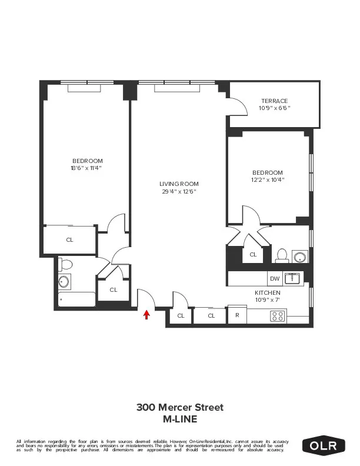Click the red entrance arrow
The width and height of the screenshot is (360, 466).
point(146,315)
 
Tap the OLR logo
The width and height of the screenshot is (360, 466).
point(324,446)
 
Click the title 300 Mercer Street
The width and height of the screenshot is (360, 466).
point(180,407)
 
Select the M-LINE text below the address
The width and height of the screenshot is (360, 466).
point(180,419)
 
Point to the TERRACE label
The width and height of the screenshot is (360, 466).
point(275,101)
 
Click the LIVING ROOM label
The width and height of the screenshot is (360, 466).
point(179,184)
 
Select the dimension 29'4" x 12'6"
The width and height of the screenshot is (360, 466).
point(179,191)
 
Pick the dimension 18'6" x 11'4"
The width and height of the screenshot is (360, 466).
point(88,168)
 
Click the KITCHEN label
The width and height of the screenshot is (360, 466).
point(267,292)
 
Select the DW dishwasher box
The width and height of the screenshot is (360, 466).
point(274,278)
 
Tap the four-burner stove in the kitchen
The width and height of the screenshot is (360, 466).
point(277,316)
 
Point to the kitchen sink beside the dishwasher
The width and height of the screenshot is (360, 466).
point(292,278)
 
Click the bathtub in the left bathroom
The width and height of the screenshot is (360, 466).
point(76,299)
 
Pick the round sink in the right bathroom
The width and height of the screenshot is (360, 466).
point(301,257)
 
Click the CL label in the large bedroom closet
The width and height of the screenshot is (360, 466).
point(69,239)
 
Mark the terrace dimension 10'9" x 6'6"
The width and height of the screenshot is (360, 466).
point(275,108)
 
